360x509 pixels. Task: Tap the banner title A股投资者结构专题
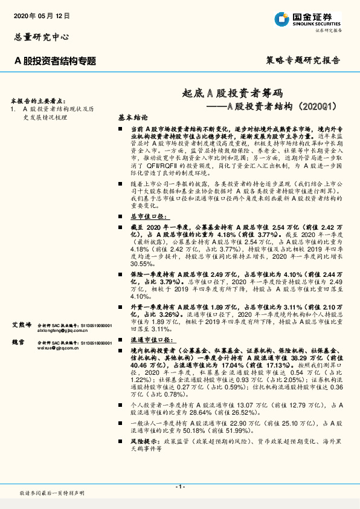(55, 60)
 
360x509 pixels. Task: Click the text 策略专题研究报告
(303, 61)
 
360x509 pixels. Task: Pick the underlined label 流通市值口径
(150, 340)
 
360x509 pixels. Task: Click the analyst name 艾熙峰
(21, 325)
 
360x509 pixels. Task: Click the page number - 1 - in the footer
(179, 487)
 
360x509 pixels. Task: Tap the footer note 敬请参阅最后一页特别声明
(52, 494)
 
